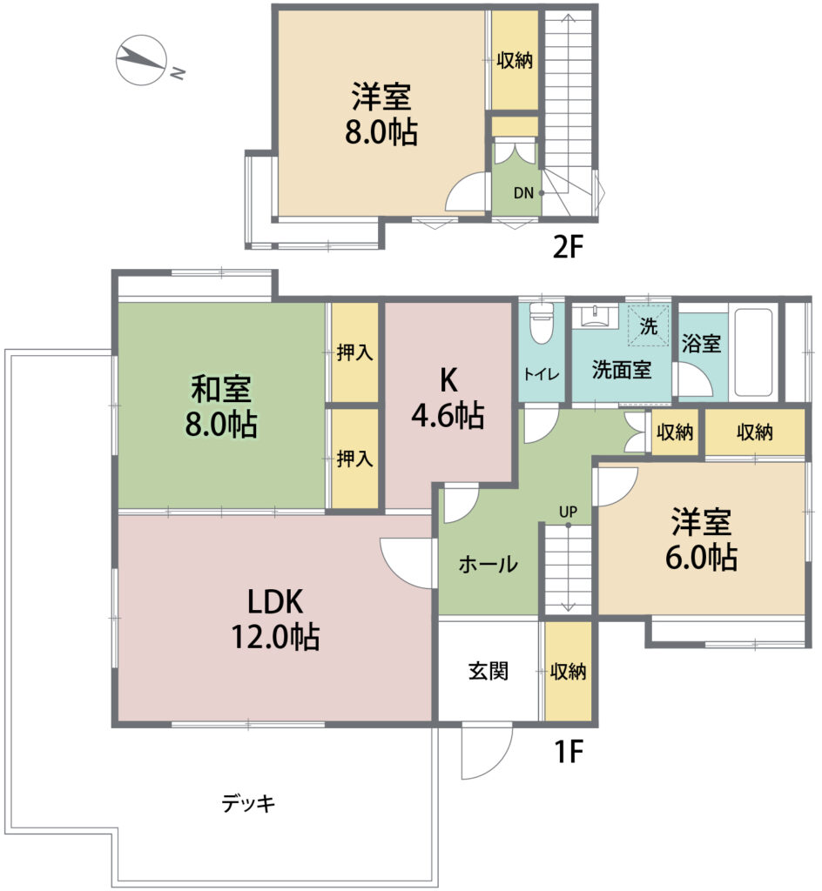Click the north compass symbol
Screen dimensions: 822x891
[141, 60]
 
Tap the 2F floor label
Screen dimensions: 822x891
[568, 247]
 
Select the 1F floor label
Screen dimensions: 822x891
[569, 752]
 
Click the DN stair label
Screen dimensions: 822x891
[523, 193]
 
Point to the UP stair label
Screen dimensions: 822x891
[568, 512]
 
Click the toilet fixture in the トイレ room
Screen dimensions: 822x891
[541, 324]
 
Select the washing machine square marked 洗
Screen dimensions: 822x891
[648, 325]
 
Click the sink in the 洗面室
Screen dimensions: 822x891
[595, 316]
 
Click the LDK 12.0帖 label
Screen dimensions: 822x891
[275, 619]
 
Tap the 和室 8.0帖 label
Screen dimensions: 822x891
[221, 406]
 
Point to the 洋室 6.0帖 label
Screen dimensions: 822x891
[702, 539]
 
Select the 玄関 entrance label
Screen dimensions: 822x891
[488, 671]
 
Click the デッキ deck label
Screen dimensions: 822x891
[248, 803]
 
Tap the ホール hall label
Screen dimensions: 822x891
[488, 564]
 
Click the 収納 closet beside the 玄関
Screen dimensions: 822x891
[569, 672]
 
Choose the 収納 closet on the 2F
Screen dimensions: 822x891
[515, 60]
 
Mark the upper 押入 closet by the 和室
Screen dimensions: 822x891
[354, 352]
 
